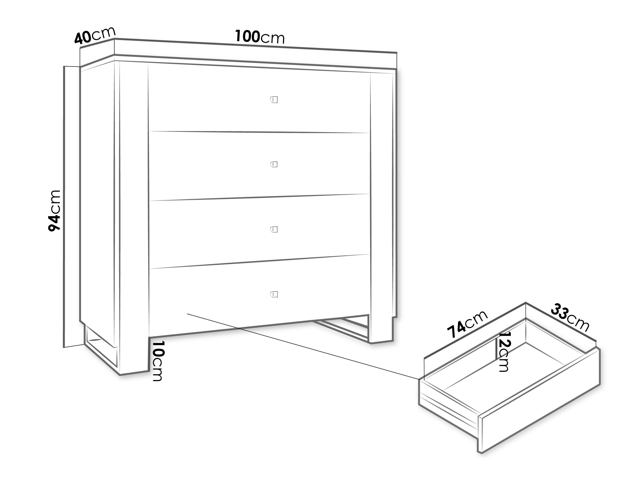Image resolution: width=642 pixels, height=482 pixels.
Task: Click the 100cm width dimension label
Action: (x=260, y=37)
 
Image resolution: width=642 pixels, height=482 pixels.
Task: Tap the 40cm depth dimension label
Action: (x=95, y=35)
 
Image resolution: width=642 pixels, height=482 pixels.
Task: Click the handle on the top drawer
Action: (x=274, y=100)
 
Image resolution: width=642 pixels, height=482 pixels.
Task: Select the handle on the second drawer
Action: (x=274, y=164)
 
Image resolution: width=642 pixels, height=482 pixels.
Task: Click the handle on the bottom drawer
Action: (x=274, y=294)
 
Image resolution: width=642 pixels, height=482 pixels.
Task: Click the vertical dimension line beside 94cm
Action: (x=64, y=207)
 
